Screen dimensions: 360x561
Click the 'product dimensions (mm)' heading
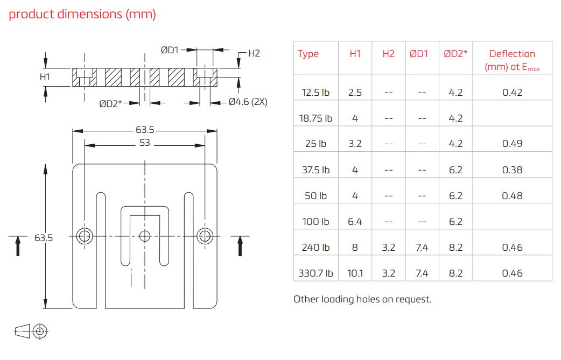[x=82, y=15]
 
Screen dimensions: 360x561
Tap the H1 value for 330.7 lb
[x=355, y=273]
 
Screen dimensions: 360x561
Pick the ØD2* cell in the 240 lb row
[x=455, y=248]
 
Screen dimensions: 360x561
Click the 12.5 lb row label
[x=315, y=93]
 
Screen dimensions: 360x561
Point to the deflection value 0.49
[x=512, y=144]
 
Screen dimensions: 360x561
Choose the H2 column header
[x=388, y=54]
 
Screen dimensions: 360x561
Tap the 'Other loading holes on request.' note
[x=362, y=299]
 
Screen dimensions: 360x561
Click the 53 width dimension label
[x=144, y=144]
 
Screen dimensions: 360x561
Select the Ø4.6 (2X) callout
[x=248, y=102]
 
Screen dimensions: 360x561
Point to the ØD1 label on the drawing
[x=170, y=50]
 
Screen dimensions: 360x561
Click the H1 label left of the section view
[x=45, y=77]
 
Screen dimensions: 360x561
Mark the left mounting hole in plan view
[x=85, y=236]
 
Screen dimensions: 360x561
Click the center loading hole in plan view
[x=145, y=236]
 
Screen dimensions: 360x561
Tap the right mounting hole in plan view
[x=205, y=236]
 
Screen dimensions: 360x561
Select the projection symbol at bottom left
[x=31, y=331]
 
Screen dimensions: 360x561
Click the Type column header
[x=308, y=54]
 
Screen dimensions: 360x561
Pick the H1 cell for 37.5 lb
[x=355, y=170]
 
